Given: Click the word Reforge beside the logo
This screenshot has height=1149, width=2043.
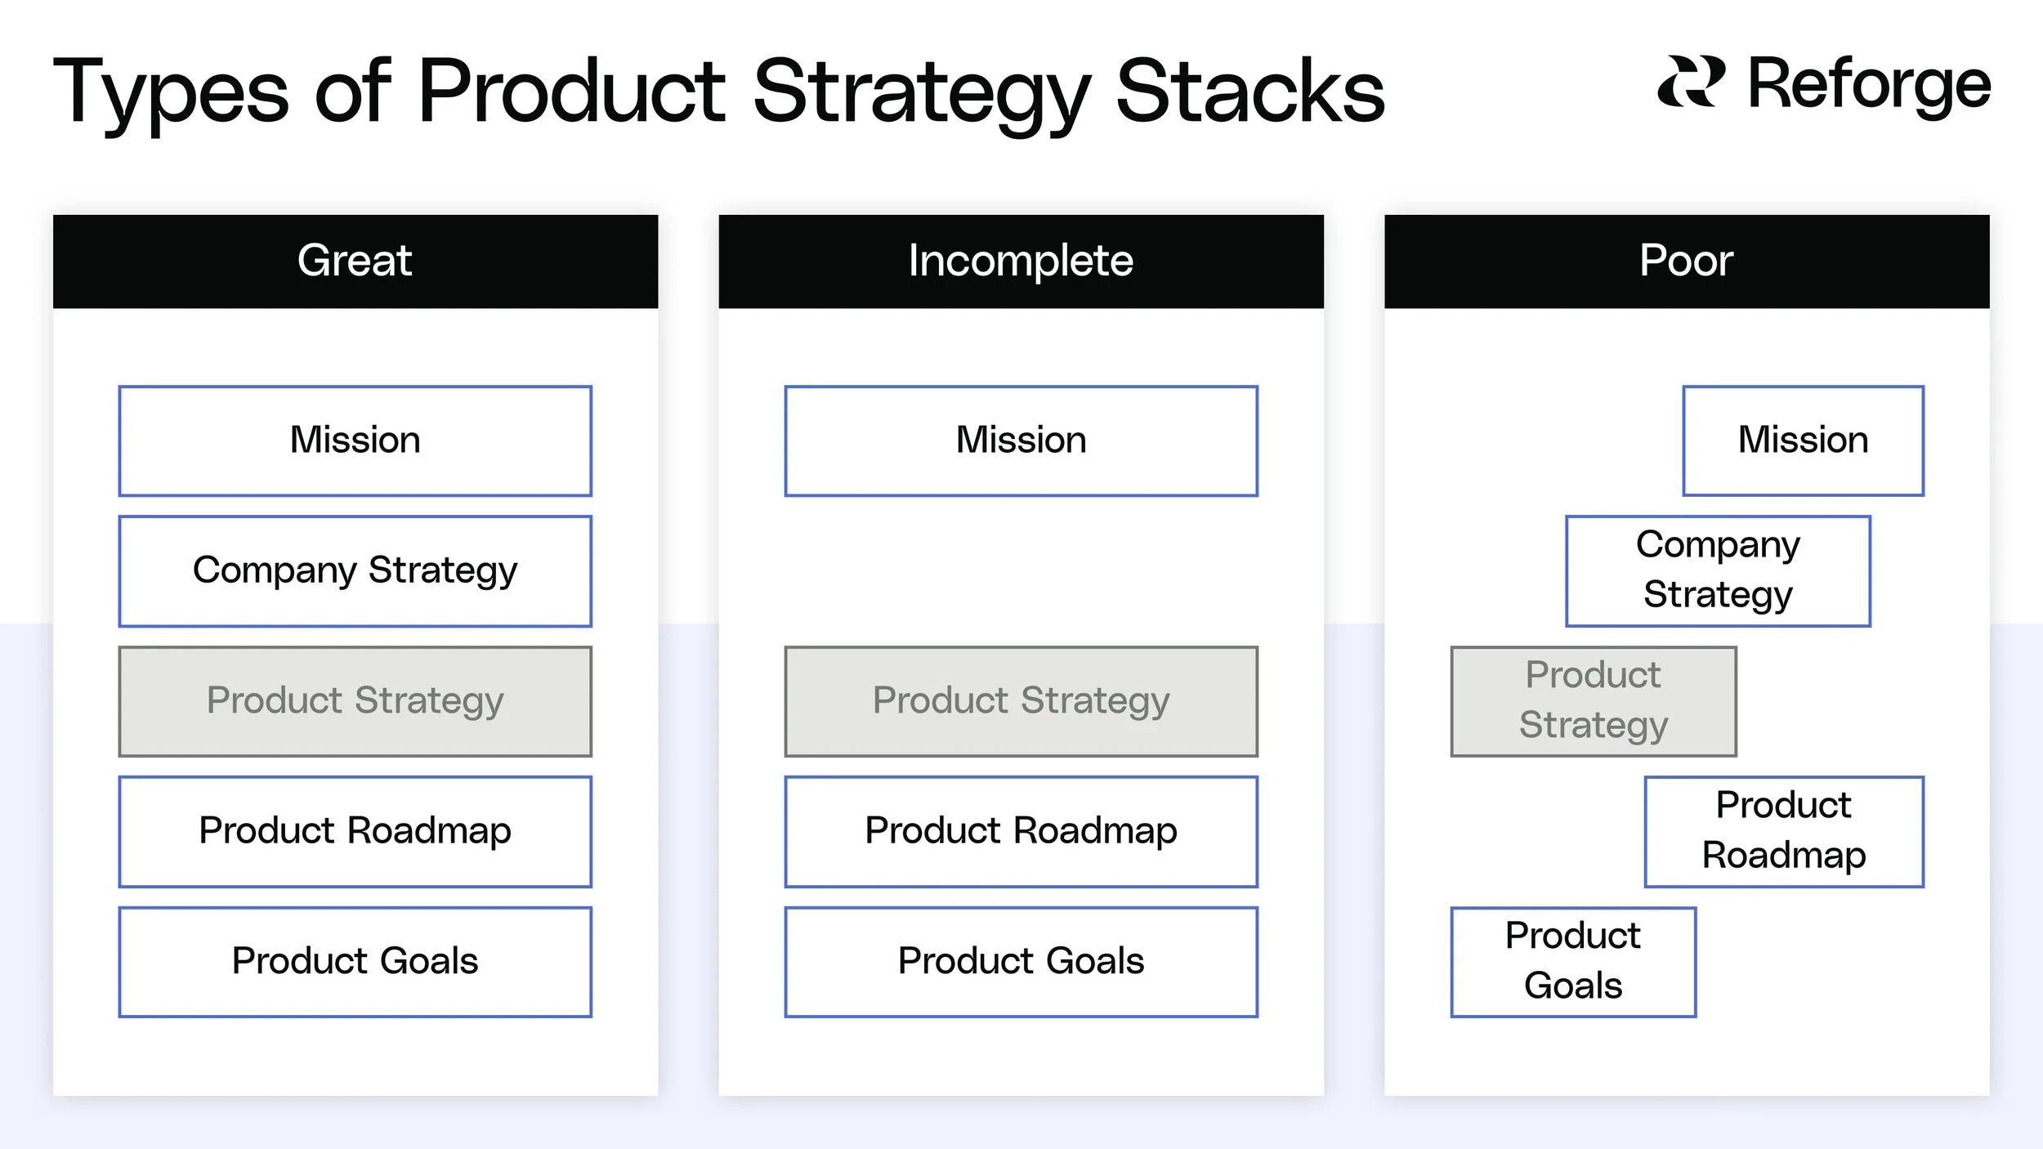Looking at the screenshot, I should tap(1869, 84).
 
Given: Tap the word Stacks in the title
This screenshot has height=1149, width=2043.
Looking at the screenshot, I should tap(1250, 92).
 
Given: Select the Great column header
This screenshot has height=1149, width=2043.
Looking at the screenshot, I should tap(355, 262).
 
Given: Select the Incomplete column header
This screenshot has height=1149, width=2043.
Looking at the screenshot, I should tap(1021, 262).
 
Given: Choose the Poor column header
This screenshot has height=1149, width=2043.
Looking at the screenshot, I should tap(1686, 262).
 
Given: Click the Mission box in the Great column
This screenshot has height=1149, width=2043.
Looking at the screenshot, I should tap(355, 440).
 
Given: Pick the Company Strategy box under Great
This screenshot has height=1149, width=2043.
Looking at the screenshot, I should tap(355, 570).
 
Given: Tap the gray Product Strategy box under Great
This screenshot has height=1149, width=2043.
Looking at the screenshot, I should tap(355, 701).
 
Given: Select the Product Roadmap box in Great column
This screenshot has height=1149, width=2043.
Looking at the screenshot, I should tap(355, 831).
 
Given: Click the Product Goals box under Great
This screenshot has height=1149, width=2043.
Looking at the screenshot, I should tap(355, 961).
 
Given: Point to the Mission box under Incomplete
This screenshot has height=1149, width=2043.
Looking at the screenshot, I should tap(1021, 440).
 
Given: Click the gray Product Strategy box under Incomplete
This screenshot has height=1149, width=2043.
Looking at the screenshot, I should tap(1021, 701).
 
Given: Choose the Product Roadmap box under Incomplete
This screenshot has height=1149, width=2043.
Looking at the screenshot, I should tap(1021, 831).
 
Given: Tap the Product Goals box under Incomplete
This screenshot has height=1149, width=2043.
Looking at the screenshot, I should tap(1021, 961).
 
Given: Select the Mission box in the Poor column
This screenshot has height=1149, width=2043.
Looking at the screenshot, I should tap(1803, 440).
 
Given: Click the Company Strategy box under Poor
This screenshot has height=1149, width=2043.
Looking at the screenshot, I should tap(1718, 570).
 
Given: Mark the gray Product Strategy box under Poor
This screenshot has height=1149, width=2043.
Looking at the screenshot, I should tap(1594, 701).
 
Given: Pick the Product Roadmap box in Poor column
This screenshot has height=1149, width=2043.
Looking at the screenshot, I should tap(1784, 831).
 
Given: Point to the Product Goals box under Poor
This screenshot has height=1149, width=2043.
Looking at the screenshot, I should tap(1573, 961).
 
